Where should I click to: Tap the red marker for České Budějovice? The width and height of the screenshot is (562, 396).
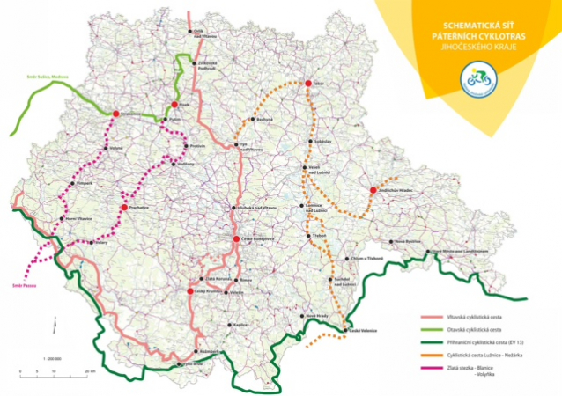point(235,238)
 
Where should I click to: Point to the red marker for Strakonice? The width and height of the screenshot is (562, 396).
point(115,114)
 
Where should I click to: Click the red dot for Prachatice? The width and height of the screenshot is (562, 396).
point(123,209)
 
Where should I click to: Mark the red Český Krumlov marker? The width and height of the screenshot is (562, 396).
point(189,290)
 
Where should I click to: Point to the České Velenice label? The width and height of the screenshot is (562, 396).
point(362,330)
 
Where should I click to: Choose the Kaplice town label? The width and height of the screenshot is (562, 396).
point(242,325)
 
